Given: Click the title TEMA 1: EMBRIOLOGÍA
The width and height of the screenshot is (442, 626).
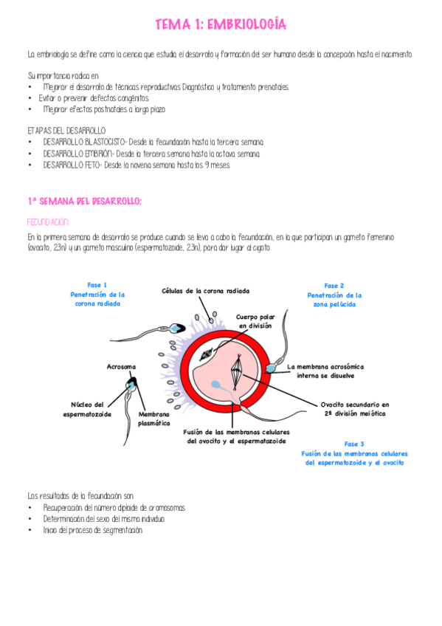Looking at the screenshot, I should tap(221, 26).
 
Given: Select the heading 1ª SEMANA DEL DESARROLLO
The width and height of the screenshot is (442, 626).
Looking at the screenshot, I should tap(84, 201).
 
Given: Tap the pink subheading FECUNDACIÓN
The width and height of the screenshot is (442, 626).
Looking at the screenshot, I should tap(48, 221).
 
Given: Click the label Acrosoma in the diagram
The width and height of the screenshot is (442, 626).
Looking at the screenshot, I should tap(121, 366).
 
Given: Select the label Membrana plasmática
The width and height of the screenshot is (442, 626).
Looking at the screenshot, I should tap(154, 419).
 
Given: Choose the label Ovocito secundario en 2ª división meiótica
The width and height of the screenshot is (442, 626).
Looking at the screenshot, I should tap(354, 409).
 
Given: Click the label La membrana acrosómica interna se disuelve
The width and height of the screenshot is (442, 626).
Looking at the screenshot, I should tap(325, 371).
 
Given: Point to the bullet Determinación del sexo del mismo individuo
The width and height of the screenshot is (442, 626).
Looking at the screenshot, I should tap(103, 519).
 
